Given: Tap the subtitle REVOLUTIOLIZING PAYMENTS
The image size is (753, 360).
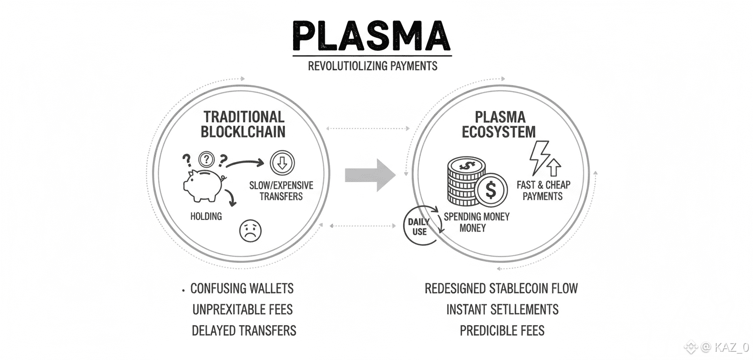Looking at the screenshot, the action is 372,66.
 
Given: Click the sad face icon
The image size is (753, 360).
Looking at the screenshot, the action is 250,231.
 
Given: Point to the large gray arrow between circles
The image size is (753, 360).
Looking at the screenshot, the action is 370,175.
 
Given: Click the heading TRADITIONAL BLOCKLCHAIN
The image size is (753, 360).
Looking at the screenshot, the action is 243,124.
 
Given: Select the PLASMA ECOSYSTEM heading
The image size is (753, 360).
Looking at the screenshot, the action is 499,124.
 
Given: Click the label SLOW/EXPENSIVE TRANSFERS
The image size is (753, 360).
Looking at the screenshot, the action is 281,191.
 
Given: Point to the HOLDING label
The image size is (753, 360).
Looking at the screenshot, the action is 206,216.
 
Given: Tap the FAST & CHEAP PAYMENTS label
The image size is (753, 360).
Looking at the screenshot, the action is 543,190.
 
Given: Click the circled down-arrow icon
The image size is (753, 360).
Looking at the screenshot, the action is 282,162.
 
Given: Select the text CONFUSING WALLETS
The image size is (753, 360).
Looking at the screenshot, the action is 242,288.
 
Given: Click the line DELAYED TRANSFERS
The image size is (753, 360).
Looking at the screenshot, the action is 244,330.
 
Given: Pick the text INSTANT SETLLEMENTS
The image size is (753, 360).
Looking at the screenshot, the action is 502,309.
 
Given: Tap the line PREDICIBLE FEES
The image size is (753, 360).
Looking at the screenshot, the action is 502,330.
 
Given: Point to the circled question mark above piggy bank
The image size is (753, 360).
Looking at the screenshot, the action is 206,159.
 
